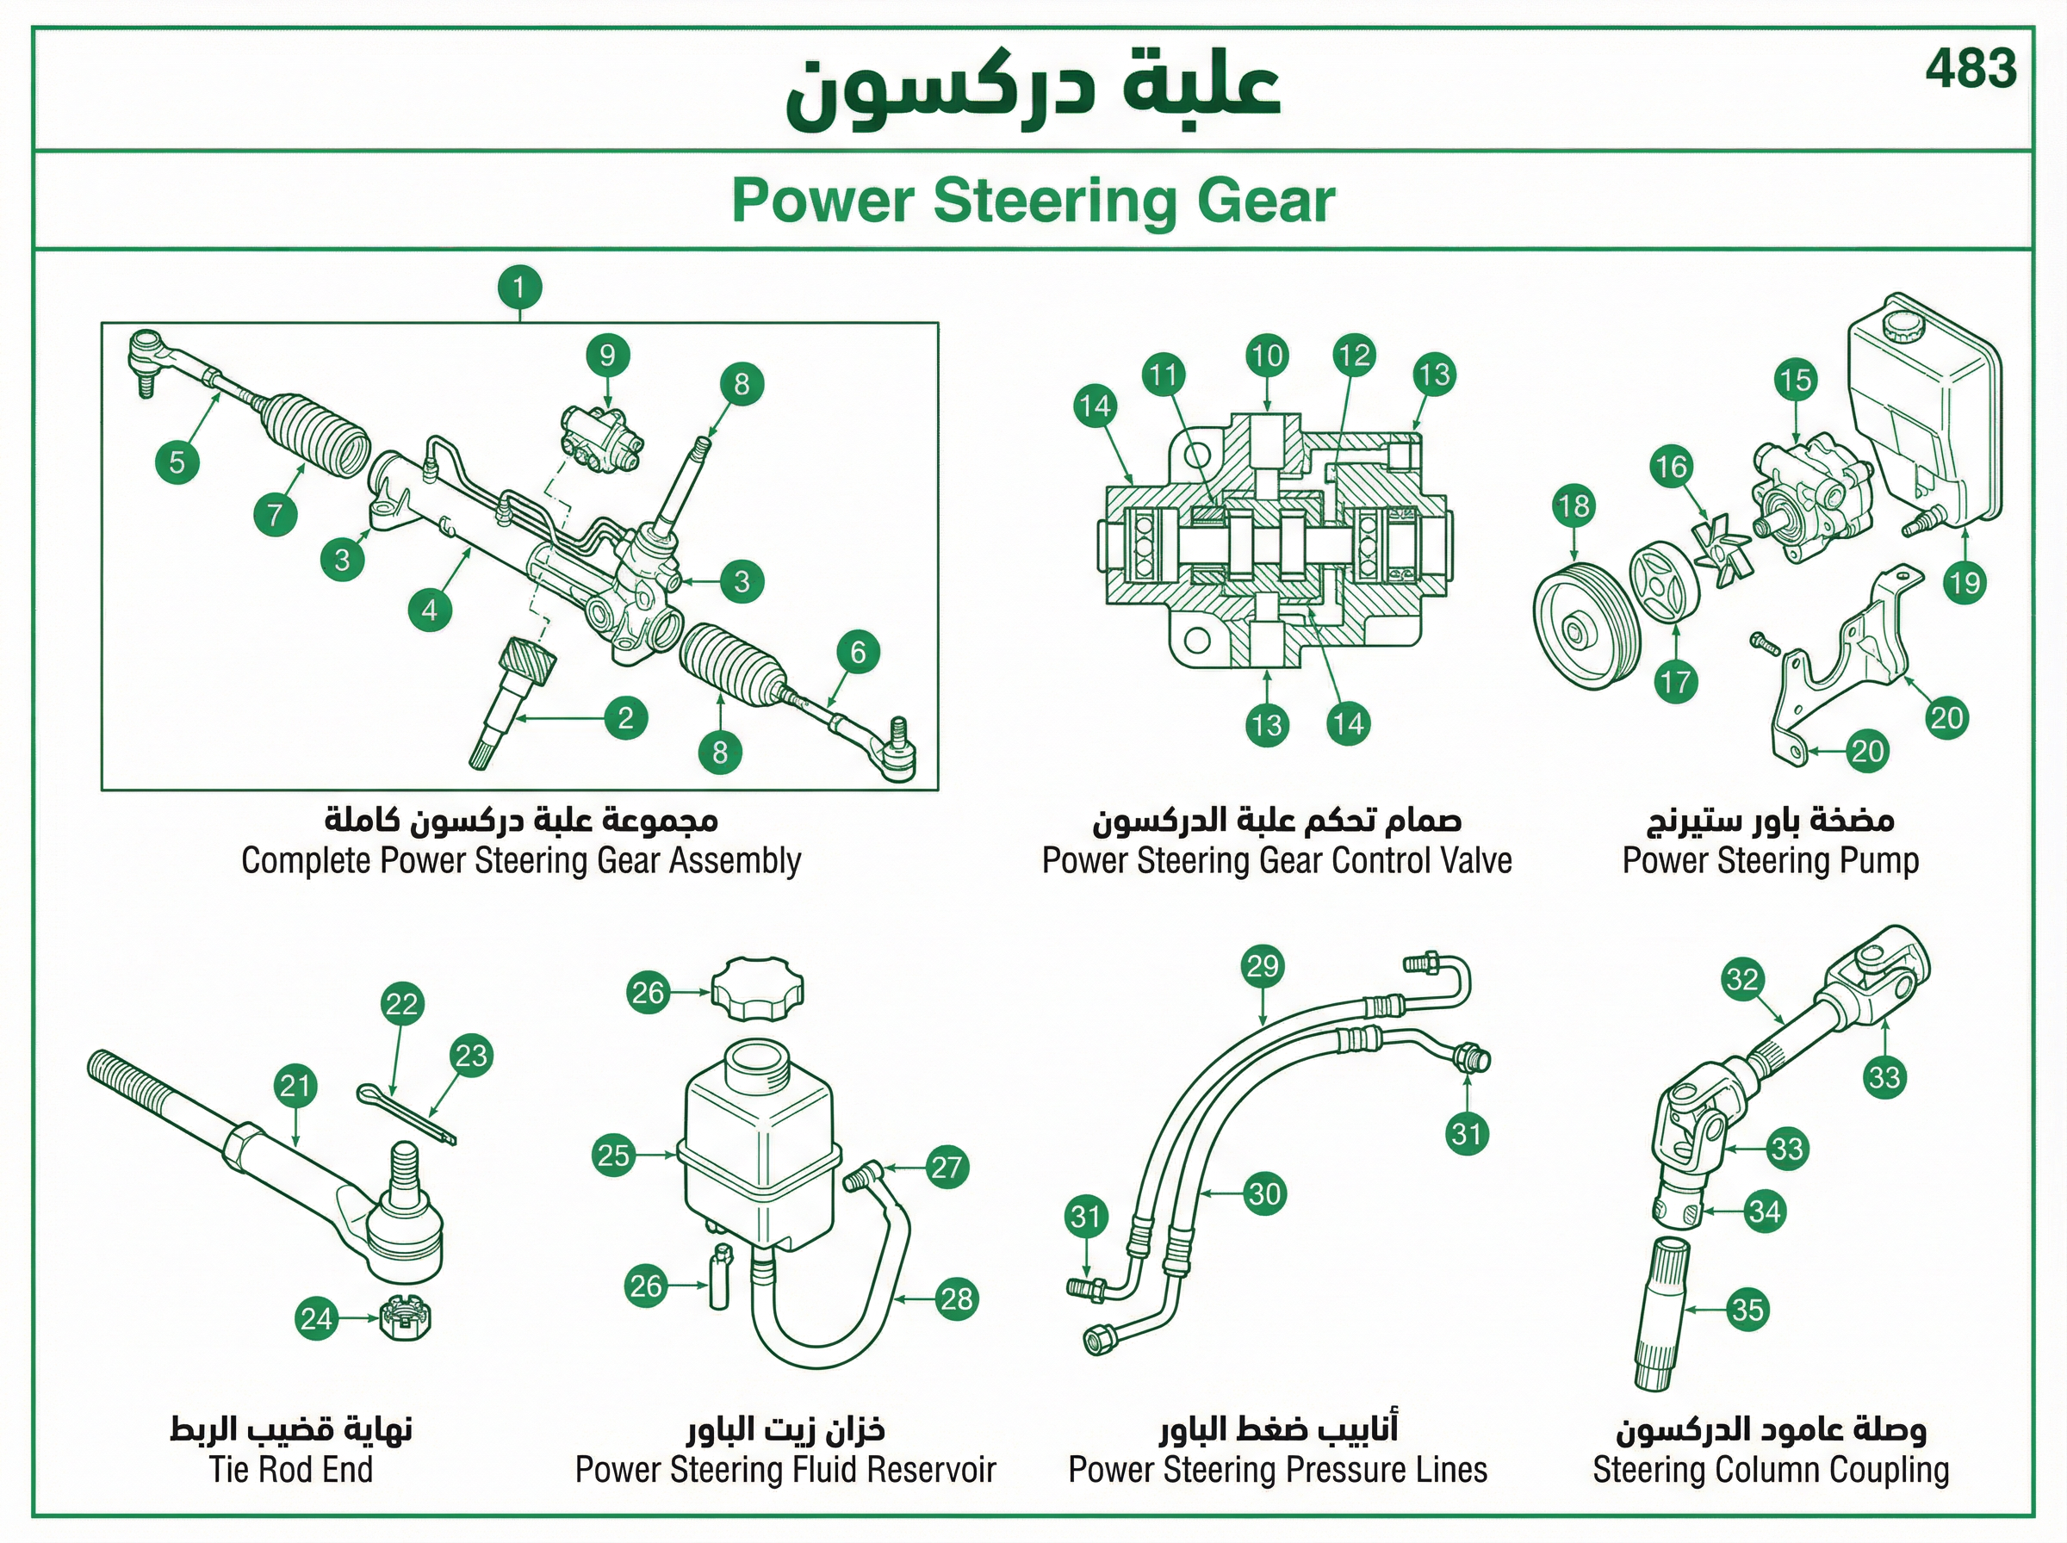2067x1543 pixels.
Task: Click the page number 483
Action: pos(1971,69)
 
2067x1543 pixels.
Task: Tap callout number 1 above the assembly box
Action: pos(520,287)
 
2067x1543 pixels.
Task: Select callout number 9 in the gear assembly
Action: pos(608,355)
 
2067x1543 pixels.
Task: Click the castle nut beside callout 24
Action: pos(406,1318)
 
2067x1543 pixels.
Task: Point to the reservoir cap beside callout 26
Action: pos(758,989)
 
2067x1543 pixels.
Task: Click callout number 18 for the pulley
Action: pos(1574,506)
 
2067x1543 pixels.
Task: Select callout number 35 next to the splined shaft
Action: pos(1747,1310)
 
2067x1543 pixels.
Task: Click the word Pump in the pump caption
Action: pos(1878,860)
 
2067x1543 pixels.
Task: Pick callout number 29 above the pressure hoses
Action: pos(1263,966)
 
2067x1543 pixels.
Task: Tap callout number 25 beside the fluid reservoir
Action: pos(614,1156)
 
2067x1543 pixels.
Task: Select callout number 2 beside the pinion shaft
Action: pos(626,717)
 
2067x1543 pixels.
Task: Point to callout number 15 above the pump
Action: pos(1795,380)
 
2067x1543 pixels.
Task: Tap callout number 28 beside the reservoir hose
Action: pos(957,1298)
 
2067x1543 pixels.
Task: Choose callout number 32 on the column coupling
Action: pos(1743,979)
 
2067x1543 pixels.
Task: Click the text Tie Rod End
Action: pos(291,1469)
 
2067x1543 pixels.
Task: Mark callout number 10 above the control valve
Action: pos(1268,356)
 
